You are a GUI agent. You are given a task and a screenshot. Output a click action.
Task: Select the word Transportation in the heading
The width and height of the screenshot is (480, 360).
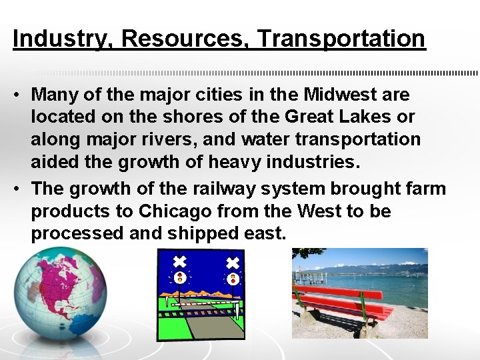[341, 39]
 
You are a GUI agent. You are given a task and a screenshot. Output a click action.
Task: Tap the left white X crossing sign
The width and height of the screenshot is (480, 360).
[179, 261]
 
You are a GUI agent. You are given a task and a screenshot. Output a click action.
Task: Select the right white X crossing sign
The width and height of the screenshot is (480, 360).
[233, 263]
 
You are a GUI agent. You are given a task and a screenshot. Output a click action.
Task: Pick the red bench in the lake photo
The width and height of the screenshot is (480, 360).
[340, 303]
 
